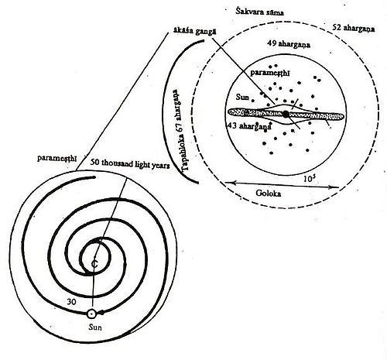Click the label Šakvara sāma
click(x=259, y=12)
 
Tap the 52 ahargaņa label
click(x=354, y=28)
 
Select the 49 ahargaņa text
click(x=289, y=43)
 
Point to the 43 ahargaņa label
click(x=249, y=126)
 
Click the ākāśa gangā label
click(x=195, y=32)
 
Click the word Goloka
click(x=269, y=193)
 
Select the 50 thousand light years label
click(x=130, y=163)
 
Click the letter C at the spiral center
click(x=94, y=263)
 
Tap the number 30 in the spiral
click(x=71, y=301)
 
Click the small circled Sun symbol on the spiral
click(x=91, y=314)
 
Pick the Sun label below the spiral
click(x=95, y=327)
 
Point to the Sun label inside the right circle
click(x=242, y=97)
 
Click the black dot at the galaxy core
click(x=286, y=114)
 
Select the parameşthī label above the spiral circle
click(x=57, y=158)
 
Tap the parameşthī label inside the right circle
click(x=270, y=73)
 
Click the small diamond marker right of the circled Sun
click(x=102, y=313)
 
